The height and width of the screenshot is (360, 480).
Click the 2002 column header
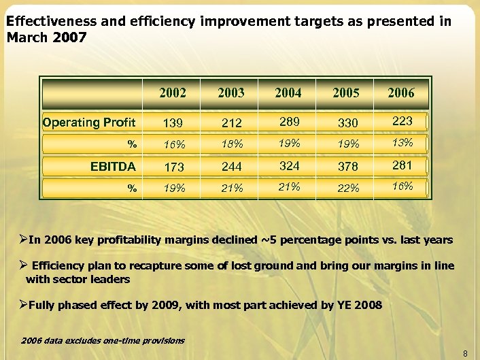(173, 93)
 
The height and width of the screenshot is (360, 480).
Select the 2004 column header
(288, 93)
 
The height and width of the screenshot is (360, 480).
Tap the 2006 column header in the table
(400, 93)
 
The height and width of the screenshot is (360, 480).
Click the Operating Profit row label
(89, 122)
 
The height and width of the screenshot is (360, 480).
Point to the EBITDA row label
(114, 165)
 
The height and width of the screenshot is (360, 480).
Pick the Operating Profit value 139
(173, 123)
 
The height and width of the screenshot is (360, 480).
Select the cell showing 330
(346, 123)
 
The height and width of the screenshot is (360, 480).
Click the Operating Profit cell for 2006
(401, 120)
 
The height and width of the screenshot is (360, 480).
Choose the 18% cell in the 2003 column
(231, 145)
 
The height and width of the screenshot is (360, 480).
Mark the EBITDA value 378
(346, 167)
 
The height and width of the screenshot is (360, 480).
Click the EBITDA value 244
(231, 167)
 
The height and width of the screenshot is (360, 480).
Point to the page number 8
(465, 353)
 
